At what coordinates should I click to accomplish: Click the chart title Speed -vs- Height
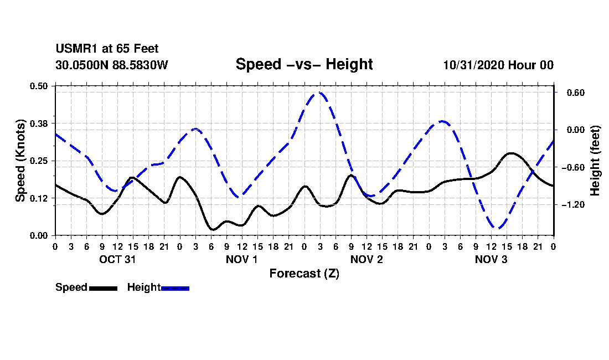304,64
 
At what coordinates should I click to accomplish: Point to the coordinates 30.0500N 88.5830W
112,65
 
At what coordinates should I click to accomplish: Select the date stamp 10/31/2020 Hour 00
498,65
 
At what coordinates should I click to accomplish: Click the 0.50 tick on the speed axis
39,86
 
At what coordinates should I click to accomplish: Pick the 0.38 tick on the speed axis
39,123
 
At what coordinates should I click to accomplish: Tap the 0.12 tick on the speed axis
39,198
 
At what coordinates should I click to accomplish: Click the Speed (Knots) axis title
20,160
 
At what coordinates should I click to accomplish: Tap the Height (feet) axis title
596,161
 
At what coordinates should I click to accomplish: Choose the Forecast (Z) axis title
304,273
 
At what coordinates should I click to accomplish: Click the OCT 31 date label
117,259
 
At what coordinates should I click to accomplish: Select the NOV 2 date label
367,259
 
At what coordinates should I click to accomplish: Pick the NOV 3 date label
492,259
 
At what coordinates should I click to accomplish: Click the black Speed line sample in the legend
103,288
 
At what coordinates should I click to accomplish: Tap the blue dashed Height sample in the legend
175,288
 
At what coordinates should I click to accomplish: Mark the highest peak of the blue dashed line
319,92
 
